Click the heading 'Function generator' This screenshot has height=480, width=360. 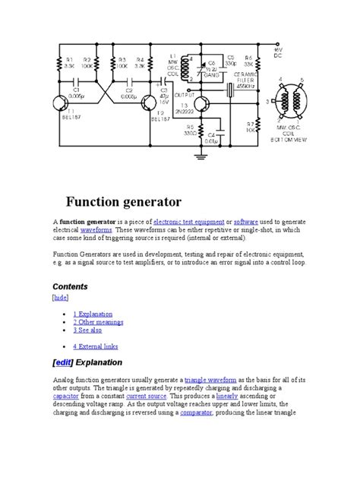123,202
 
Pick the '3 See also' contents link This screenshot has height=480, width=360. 89,330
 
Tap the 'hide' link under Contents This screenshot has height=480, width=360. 61,298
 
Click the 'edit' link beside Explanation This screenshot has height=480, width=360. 65,362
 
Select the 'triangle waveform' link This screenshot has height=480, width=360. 210,378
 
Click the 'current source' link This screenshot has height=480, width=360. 146,395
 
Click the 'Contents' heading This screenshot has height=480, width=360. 70,286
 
